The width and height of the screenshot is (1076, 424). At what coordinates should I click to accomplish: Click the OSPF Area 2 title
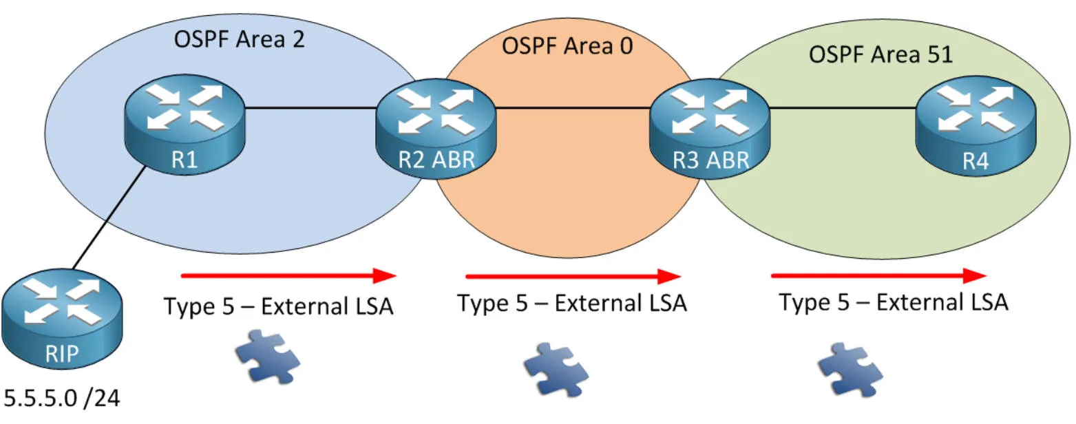[x=239, y=39]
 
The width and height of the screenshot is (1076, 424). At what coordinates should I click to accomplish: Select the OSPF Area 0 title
[x=567, y=46]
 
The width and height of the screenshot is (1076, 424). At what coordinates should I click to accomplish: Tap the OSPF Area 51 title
[x=880, y=54]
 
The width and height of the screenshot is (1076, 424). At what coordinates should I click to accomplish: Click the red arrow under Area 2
[x=288, y=276]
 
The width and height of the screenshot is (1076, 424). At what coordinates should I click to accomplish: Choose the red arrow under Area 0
[x=573, y=277]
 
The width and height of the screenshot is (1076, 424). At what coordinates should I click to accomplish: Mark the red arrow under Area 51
[x=878, y=276]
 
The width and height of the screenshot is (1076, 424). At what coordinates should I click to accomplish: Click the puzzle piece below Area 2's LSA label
[x=267, y=355]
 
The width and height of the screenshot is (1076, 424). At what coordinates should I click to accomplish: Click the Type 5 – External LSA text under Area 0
[x=572, y=304]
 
